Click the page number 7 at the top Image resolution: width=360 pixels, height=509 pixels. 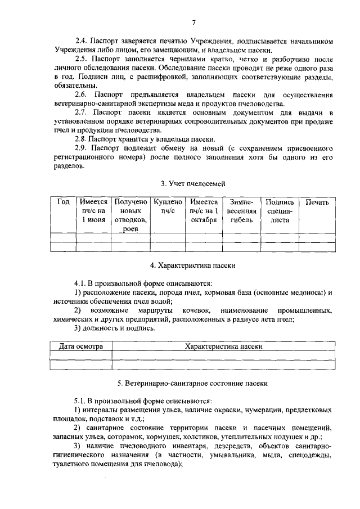coord(193,22)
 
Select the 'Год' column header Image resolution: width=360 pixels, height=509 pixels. coord(63,201)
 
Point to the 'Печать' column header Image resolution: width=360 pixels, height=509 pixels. coord(317,201)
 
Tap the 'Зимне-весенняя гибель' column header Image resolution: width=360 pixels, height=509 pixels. coord(242,210)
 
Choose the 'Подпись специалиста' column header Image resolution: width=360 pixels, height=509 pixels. coord(279,210)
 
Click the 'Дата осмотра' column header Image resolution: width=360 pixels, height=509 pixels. coord(81,346)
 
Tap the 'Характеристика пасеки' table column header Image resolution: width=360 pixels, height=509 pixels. coord(223,346)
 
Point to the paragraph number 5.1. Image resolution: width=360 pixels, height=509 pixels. coord(82,401)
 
